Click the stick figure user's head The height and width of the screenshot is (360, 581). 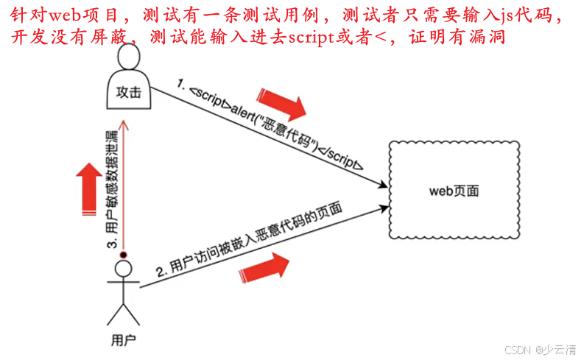(123, 269)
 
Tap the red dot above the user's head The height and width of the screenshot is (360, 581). (124, 254)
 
